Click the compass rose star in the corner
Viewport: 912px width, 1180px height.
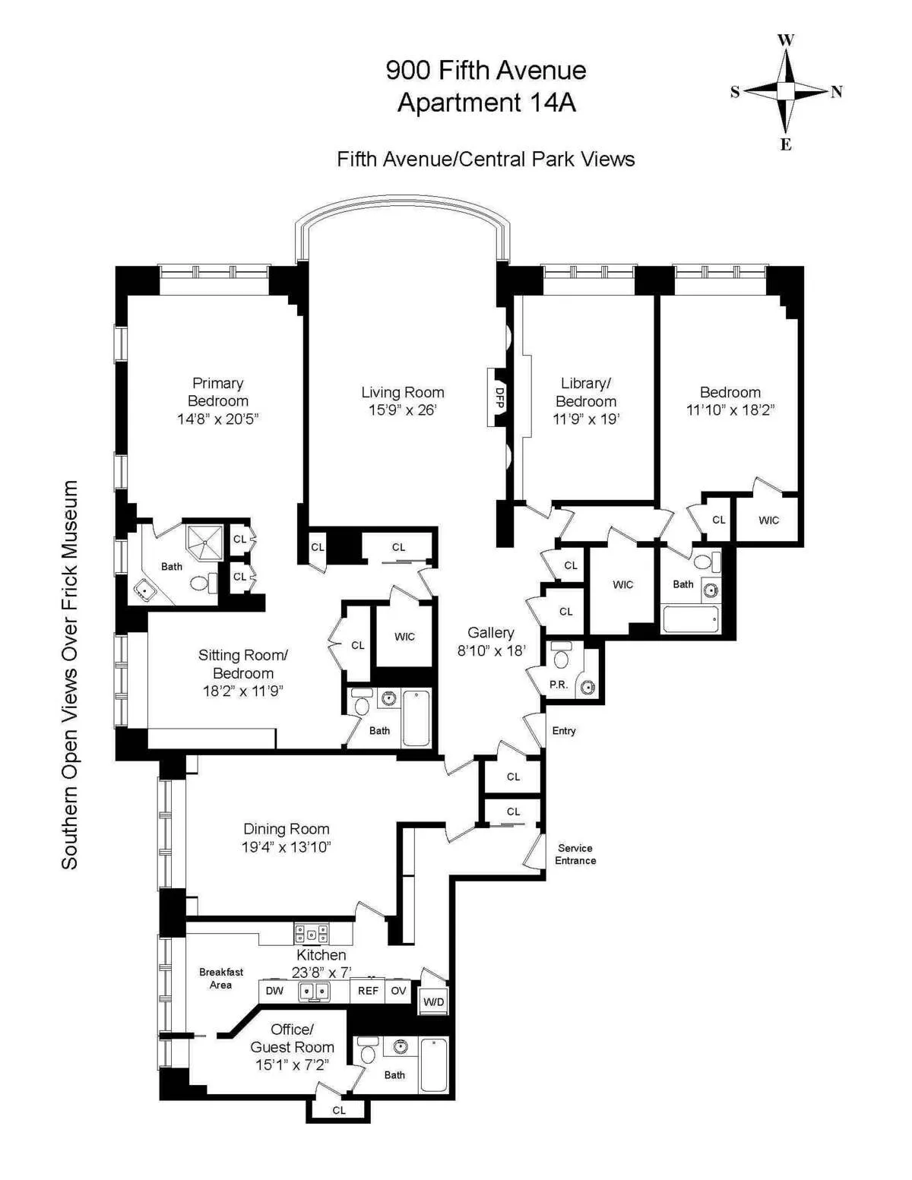coord(786,91)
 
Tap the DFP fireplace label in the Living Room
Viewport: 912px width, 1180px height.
coord(499,397)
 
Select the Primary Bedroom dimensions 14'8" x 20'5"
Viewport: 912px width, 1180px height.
coord(218,419)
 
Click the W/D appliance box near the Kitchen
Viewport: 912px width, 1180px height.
coord(433,1001)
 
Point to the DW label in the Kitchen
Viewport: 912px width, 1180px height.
coord(274,991)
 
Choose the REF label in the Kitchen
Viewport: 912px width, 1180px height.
coord(368,991)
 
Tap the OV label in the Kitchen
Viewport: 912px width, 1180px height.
coord(398,991)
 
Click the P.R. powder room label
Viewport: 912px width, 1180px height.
coord(559,685)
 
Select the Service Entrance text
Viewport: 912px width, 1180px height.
coord(575,854)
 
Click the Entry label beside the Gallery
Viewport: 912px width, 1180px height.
coord(564,731)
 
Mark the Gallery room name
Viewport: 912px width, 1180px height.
coord(491,632)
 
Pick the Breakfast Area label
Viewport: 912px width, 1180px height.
coord(221,978)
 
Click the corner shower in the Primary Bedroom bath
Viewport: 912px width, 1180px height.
coord(204,541)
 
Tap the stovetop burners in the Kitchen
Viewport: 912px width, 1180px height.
coord(312,933)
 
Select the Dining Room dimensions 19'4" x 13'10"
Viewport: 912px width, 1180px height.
coord(287,847)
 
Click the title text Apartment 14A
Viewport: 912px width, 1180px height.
coord(486,103)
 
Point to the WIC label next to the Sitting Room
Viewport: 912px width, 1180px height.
coord(404,637)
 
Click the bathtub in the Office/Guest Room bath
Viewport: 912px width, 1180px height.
coord(434,1065)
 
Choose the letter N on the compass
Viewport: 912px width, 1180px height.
coord(837,92)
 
